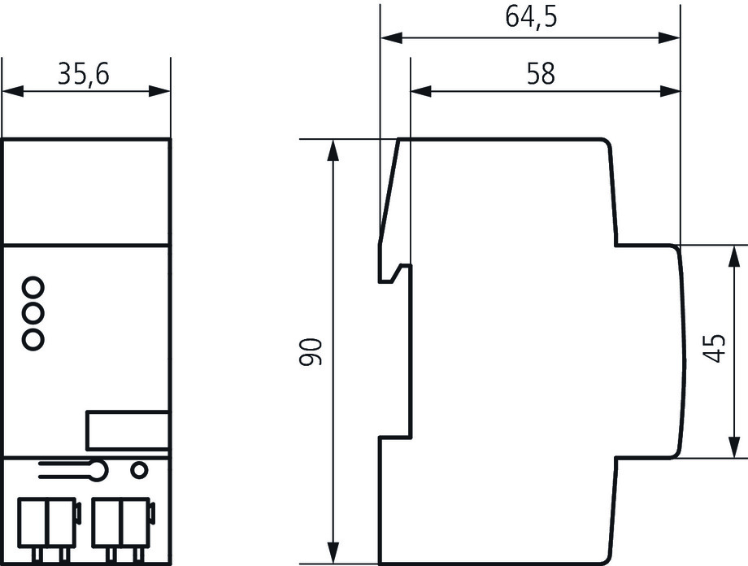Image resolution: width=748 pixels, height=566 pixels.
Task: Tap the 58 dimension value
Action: point(541,73)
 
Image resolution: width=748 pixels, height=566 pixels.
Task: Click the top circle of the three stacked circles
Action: point(33,287)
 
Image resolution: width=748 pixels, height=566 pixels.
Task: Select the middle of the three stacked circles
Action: point(33,313)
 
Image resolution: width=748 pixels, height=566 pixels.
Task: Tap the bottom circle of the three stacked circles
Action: point(33,339)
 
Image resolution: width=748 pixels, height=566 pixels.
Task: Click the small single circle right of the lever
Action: point(139,469)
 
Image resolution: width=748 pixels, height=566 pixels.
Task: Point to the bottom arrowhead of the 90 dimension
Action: point(333,555)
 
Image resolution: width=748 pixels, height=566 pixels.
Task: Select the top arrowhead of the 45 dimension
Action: point(732,252)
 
